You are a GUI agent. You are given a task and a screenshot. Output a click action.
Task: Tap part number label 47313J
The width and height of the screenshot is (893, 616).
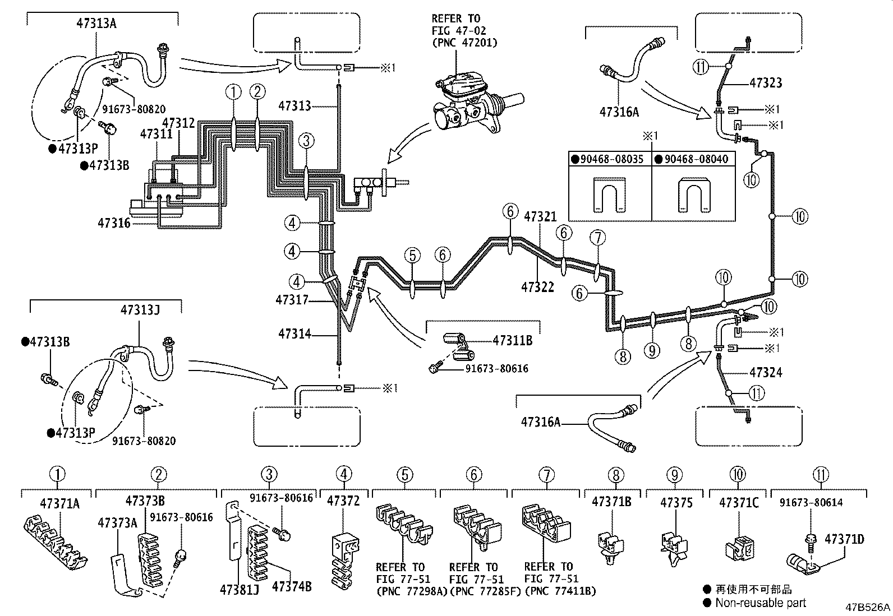click(x=140, y=309)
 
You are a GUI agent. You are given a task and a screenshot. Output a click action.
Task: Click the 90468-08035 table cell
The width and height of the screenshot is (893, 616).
click(x=610, y=159)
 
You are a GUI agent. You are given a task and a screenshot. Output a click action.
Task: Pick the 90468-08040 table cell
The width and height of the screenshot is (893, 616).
click(x=693, y=159)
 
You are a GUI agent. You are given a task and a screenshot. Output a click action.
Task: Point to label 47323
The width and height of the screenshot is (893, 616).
click(x=766, y=83)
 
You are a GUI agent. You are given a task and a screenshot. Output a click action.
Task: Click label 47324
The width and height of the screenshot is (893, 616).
click(x=766, y=372)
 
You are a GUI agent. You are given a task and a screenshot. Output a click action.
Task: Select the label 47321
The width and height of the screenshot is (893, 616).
click(x=540, y=216)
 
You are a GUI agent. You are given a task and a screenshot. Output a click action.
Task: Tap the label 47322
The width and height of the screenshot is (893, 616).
click(x=537, y=287)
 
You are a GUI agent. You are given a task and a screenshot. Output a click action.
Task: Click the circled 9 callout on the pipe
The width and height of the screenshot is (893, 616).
click(x=651, y=351)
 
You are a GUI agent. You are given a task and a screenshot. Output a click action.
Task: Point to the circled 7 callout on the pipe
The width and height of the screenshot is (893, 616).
click(x=598, y=238)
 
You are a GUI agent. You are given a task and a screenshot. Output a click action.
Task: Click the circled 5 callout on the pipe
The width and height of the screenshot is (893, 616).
click(x=412, y=256)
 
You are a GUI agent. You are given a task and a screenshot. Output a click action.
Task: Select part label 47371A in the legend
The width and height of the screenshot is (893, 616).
click(x=59, y=503)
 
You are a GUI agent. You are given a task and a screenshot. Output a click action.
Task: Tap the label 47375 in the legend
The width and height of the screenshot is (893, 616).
click(x=677, y=502)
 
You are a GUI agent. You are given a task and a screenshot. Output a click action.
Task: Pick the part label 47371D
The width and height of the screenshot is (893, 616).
click(x=844, y=539)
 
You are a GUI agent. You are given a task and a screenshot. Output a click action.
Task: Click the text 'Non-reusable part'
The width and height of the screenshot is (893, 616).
click(x=760, y=603)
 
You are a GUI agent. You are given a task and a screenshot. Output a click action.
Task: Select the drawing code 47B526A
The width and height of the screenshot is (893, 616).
click(x=868, y=608)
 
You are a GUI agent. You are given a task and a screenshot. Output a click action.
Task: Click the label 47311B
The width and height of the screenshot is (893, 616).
click(x=512, y=340)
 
